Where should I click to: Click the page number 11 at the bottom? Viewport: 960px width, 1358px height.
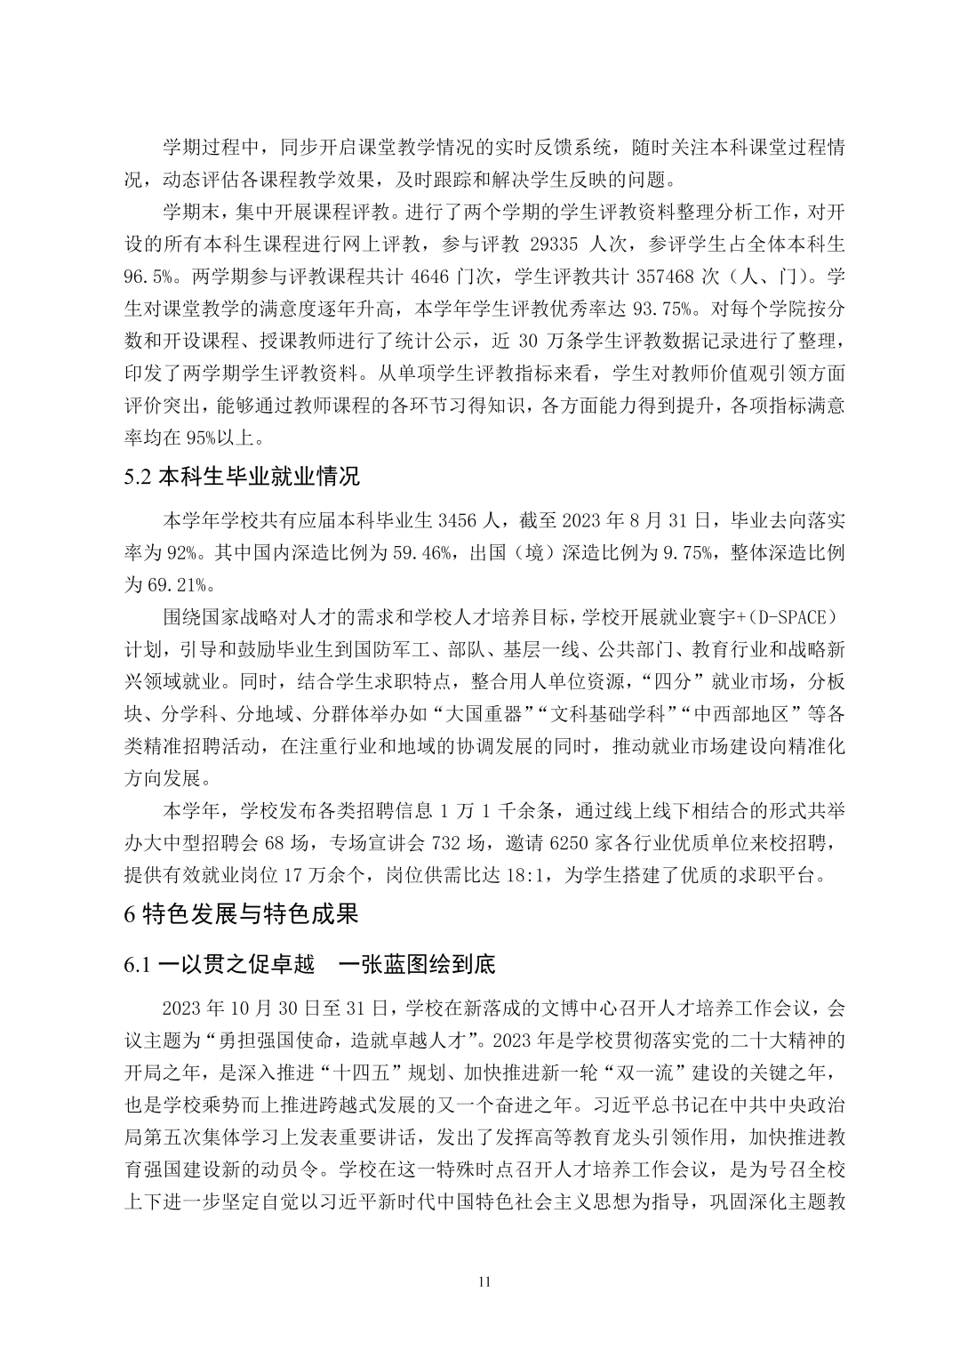(x=484, y=1282)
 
